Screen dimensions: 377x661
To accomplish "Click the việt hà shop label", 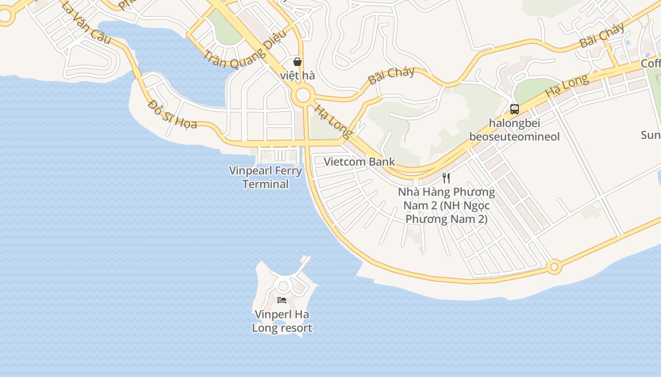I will tap(297, 75).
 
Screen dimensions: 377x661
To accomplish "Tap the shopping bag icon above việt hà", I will tap(297, 62).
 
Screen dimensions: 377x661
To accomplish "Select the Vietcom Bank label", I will tap(359, 162).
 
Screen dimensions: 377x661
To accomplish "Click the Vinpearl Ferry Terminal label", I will tap(265, 177).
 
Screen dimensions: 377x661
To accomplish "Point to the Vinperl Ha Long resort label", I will tap(282, 321).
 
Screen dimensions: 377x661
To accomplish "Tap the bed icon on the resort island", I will tap(282, 300).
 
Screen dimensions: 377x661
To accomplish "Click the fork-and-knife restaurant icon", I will tap(446, 178).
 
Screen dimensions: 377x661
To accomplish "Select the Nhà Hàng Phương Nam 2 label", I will tap(446, 205).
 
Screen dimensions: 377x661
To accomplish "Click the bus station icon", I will tap(515, 109).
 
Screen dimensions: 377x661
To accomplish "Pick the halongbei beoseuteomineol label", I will tap(514, 130).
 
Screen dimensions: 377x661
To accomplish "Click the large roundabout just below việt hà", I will tap(303, 96).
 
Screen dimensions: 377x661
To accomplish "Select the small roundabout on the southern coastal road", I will tap(554, 267).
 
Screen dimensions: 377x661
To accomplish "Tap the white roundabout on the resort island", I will tap(283, 286).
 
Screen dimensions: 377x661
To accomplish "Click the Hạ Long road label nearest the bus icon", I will tap(567, 86).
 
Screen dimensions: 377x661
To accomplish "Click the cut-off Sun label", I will tap(651, 135).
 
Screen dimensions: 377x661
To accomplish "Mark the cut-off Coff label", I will tap(651, 64).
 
